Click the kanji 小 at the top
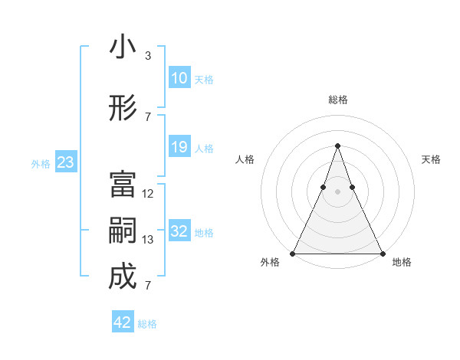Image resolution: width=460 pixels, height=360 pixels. pyautogui.click(x=123, y=47)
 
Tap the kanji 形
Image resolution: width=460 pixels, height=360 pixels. pyautogui.click(x=123, y=109)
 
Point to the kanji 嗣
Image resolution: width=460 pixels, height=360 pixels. pyautogui.click(x=123, y=231)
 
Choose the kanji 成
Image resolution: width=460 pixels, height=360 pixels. pyautogui.click(x=123, y=277)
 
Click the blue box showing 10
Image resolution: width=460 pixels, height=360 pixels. pyautogui.click(x=179, y=78)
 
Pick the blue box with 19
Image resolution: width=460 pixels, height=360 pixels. pyautogui.click(x=179, y=147)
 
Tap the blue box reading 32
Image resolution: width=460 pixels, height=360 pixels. pyautogui.click(x=179, y=231)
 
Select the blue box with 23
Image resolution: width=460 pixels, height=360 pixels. pyautogui.click(x=65, y=162)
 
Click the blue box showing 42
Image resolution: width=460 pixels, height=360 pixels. pyautogui.click(x=123, y=322)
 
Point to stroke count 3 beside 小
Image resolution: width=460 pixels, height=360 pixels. pyautogui.click(x=147, y=56)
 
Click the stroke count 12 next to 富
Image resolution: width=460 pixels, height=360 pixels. pyautogui.click(x=148, y=194)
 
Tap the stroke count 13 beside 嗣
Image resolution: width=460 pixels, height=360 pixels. pyautogui.click(x=148, y=240)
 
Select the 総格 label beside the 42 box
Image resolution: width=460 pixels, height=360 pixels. pyautogui.click(x=147, y=324)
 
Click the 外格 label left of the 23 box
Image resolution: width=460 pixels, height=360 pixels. pyautogui.click(x=41, y=163)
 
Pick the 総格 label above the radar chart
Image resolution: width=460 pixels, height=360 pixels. pyautogui.click(x=337, y=100)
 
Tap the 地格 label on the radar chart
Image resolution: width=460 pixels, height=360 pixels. pyautogui.click(x=402, y=263)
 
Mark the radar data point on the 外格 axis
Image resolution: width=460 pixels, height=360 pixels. pyautogui.click(x=293, y=253)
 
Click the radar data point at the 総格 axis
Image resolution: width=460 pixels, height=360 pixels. pyautogui.click(x=337, y=146)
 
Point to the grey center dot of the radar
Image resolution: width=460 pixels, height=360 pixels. pyautogui.click(x=337, y=192)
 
